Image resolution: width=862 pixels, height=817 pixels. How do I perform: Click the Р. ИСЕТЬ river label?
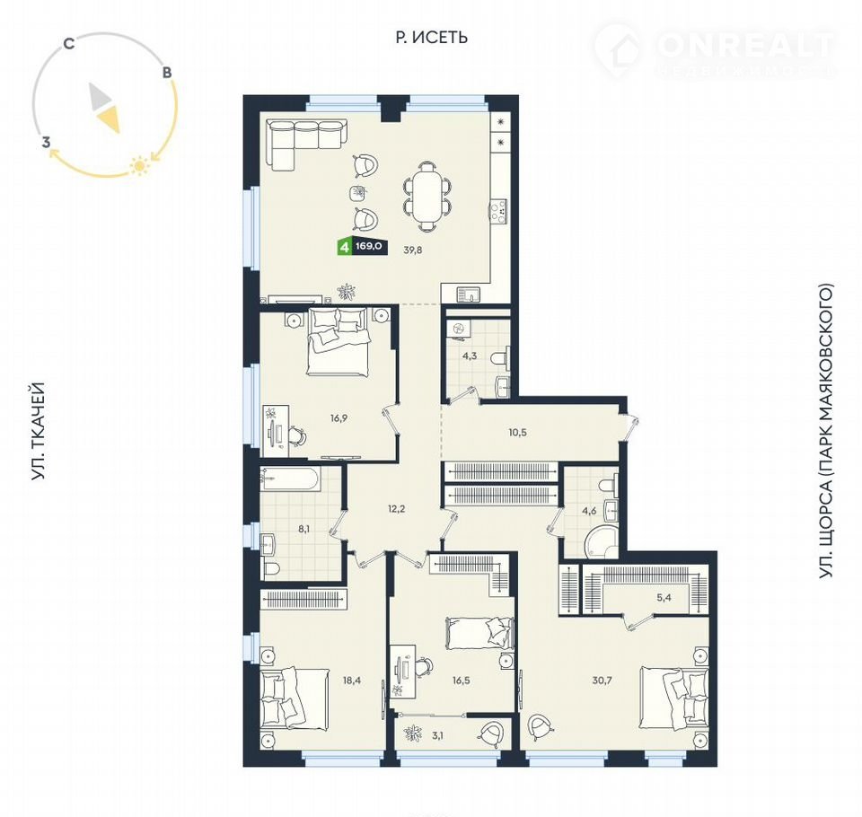click(432, 37)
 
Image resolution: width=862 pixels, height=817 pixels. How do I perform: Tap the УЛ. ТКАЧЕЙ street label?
click(38, 432)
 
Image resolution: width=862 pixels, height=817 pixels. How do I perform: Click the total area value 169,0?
click(369, 246)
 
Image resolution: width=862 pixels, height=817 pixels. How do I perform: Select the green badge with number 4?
click(345, 246)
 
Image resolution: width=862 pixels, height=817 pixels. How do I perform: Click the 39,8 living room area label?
click(412, 250)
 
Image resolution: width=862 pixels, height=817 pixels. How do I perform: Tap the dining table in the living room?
click(427, 196)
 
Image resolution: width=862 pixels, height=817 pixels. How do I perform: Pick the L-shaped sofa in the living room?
click(303, 143)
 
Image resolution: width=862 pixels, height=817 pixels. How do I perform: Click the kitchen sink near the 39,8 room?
click(468, 294)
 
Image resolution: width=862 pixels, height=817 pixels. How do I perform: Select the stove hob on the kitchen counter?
click(498, 212)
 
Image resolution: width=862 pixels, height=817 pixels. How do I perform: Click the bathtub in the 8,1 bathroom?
click(291, 479)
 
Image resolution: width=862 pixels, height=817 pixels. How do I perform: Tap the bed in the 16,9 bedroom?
click(338, 341)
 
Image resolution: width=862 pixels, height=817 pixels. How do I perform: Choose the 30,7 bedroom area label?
click(602, 681)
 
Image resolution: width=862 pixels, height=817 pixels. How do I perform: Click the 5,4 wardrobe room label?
click(664, 597)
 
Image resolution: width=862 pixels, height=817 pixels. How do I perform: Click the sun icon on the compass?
click(140, 165)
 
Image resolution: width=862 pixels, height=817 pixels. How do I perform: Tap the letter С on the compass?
click(69, 43)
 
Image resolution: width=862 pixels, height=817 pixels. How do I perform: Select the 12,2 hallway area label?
click(396, 508)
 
